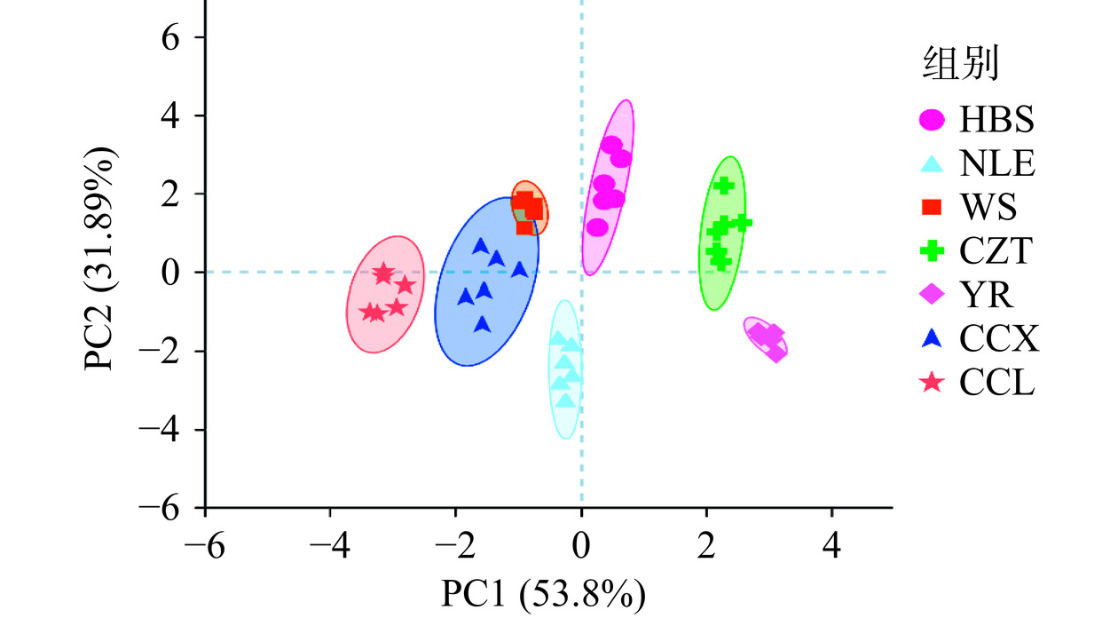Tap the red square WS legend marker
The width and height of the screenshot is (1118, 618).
click(932, 208)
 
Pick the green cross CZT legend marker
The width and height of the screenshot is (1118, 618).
click(932, 251)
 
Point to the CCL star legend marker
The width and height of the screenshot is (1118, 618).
click(932, 383)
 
